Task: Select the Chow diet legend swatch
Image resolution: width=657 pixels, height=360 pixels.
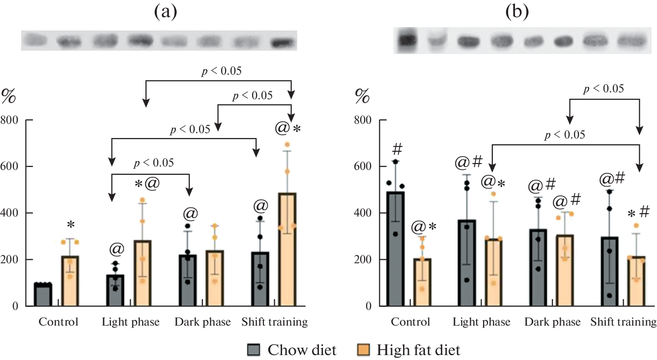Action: pos(255,350)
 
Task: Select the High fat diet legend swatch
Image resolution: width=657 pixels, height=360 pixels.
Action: pos(364,350)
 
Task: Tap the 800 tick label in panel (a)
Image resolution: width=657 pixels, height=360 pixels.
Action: pos(11,120)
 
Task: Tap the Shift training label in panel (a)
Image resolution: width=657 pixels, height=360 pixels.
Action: pos(274,323)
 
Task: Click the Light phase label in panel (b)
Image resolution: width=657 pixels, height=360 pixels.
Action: pos(481,323)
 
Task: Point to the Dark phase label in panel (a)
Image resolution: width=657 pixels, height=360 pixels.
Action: pos(202,323)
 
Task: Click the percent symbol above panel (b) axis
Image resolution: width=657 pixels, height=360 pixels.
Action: pos(363,96)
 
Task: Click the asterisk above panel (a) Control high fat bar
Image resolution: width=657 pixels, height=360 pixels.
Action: pos(71,226)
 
